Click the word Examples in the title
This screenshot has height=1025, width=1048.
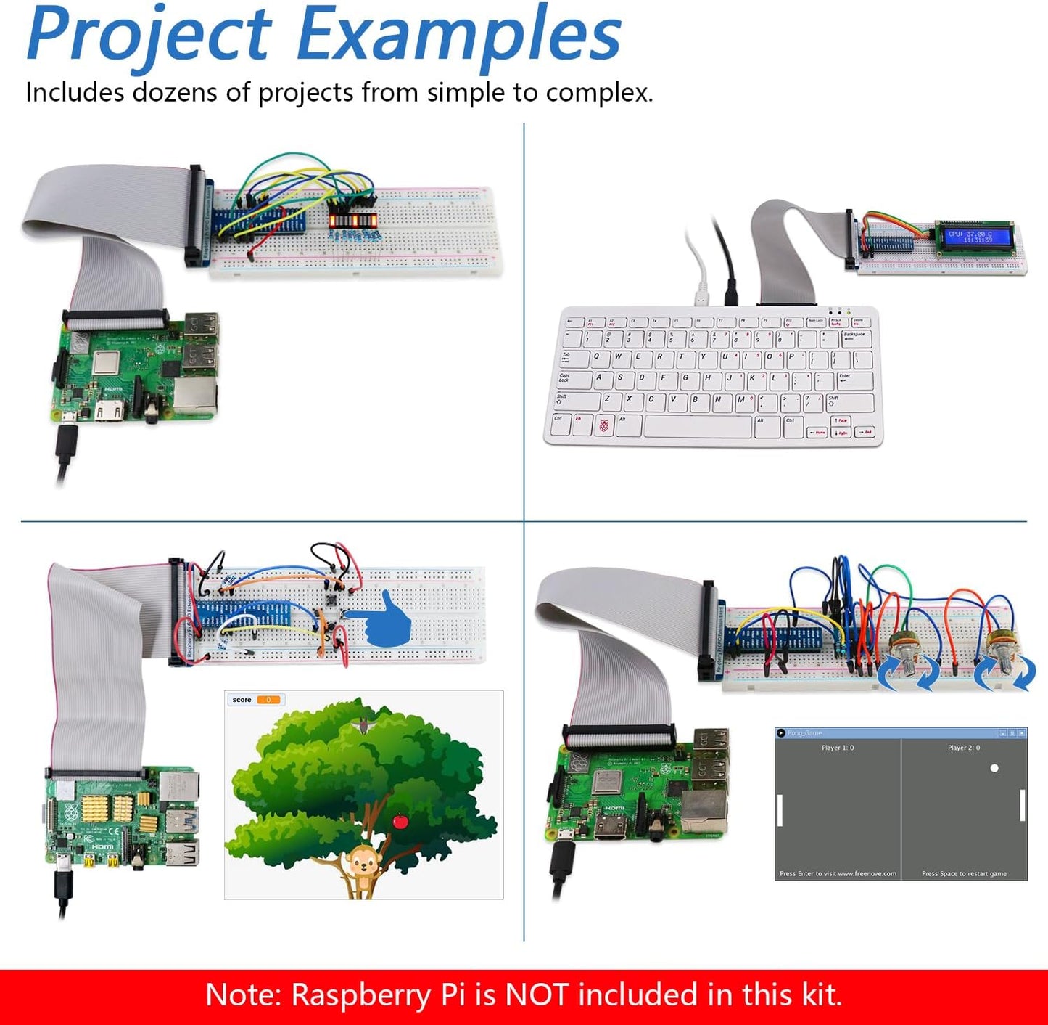[458, 35]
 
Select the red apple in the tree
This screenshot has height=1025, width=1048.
[400, 821]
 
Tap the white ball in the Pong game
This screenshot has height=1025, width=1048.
[994, 768]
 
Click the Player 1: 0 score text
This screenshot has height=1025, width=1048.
[838, 748]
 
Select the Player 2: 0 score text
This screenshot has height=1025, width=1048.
[964, 748]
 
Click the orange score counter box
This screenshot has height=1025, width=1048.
[268, 700]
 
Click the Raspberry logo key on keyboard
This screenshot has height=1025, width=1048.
[603, 425]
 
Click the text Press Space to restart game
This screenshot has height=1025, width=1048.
[964, 873]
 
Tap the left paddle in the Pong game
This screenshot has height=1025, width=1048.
[780, 810]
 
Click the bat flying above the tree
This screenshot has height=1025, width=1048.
[360, 724]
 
